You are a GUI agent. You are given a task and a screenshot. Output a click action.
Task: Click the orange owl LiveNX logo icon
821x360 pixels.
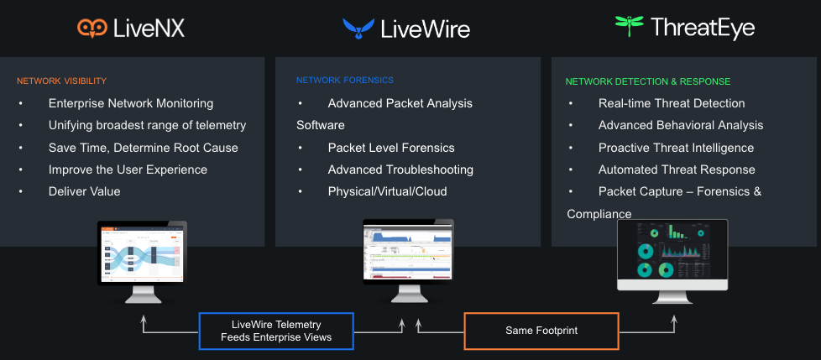[91, 29]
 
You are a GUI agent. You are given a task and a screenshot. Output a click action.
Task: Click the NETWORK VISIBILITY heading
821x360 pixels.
[61, 81]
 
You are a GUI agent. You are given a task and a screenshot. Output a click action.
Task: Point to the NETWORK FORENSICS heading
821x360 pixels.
[344, 81]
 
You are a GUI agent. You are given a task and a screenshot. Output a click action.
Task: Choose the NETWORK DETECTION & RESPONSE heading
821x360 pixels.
[647, 82]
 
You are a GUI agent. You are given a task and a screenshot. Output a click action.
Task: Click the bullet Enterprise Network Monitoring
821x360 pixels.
[131, 104]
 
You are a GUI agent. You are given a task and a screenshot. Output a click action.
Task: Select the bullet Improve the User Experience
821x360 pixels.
[128, 170]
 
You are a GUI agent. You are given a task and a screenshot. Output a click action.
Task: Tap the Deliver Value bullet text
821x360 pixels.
[85, 191]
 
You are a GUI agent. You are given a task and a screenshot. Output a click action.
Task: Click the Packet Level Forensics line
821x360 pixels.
[391, 148]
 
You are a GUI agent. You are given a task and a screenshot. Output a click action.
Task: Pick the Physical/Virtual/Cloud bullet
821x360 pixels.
[387, 191]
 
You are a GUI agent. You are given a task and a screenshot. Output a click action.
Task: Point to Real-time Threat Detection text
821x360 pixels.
[672, 104]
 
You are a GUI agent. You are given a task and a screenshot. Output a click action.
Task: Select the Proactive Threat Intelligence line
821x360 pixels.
[676, 148]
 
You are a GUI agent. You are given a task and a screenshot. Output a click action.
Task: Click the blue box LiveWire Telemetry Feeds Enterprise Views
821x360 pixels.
[276, 331]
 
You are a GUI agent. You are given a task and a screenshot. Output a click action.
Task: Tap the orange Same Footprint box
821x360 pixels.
[541, 331]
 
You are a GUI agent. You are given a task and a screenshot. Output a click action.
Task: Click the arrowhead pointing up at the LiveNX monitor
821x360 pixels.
[144, 319]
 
